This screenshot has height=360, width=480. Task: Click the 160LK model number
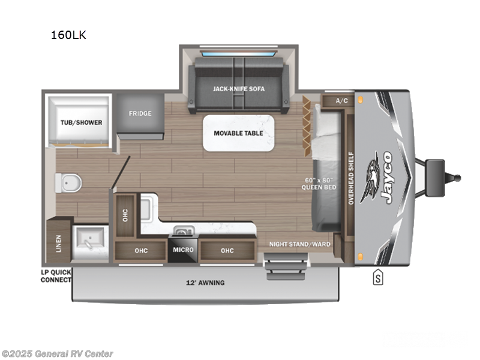68,35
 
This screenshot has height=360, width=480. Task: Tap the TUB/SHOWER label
80,122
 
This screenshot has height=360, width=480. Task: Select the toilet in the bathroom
68,182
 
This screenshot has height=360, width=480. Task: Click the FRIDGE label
140,113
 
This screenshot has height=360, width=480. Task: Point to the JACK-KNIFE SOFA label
239,89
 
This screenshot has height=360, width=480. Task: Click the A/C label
342,100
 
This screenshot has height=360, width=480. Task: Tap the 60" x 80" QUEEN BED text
319,183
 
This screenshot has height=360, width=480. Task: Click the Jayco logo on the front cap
383,178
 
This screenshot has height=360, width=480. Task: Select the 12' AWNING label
205,282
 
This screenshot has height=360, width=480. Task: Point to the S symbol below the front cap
378,278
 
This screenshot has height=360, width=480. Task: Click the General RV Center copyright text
58,354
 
